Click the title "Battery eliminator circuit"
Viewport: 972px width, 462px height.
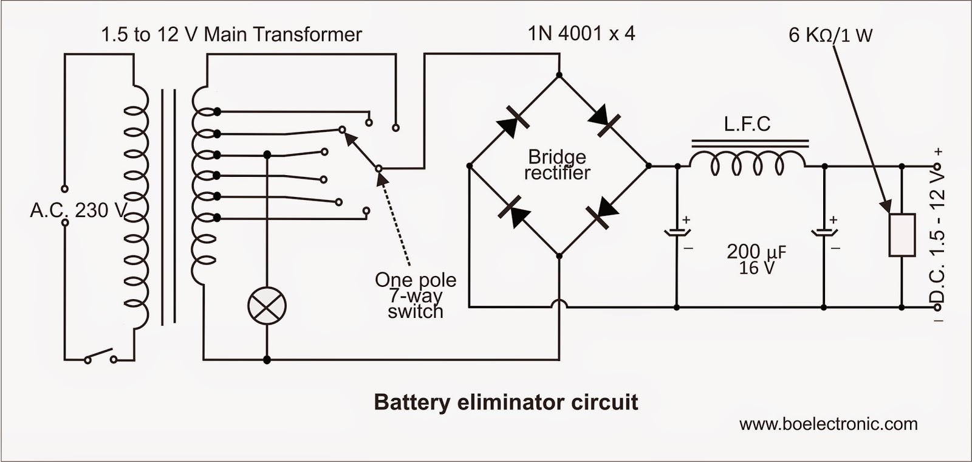505,402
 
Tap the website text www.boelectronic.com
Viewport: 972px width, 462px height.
828,424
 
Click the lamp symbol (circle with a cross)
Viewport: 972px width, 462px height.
267,305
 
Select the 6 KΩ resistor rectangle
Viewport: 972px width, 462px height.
902,235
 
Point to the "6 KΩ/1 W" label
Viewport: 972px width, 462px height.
830,35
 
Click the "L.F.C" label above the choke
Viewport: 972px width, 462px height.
747,125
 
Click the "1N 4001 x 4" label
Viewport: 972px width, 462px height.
581,33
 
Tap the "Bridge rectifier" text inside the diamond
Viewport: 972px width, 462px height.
556,165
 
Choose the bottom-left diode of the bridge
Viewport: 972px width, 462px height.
512,210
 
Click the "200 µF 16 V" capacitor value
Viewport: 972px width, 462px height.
756,259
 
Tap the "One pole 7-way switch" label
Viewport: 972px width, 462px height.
416,295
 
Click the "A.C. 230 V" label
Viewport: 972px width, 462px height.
78,210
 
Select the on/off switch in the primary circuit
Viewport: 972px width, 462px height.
101,356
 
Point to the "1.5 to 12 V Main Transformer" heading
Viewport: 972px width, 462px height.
231,35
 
